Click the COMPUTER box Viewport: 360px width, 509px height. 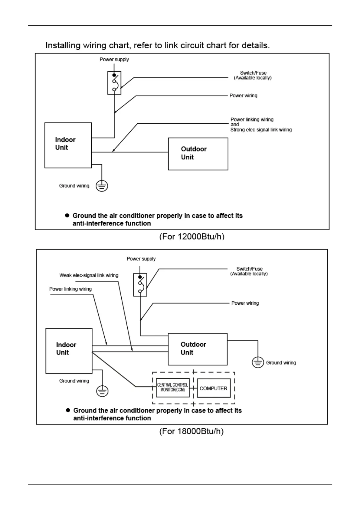pyautogui.click(x=214, y=388)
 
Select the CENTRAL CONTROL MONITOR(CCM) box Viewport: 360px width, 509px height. pyautogui.click(x=172, y=387)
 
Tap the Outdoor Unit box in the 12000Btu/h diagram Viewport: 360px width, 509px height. pyautogui.click(x=198, y=154)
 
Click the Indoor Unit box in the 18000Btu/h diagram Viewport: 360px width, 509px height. pyautogui.click(x=69, y=351)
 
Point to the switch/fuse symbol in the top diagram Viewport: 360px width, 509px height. pyautogui.click(x=114, y=83)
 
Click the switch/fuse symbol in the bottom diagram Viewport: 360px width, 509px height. pyautogui.click(x=140, y=284)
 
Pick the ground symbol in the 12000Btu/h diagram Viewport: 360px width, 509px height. pyautogui.click(x=102, y=186)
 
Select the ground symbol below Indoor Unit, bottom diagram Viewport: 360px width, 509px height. pyautogui.click(x=102, y=391)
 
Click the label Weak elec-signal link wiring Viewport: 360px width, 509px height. pyautogui.click(x=89, y=275)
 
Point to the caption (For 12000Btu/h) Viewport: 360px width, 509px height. pyautogui.click(x=192, y=237)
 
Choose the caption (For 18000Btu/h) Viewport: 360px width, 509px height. pyautogui.click(x=191, y=431)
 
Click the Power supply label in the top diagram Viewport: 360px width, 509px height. pyautogui.click(x=114, y=60)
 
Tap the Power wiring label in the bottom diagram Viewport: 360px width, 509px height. pyautogui.click(x=245, y=303)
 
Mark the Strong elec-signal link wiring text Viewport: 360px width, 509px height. pyautogui.click(x=261, y=130)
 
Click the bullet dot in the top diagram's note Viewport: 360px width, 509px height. pyautogui.click(x=67, y=216)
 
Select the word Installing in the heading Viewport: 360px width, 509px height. pyautogui.click(x=63, y=46)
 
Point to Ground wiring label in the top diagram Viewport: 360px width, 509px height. pyautogui.click(x=74, y=186)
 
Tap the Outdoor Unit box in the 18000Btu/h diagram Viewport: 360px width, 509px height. pyautogui.click(x=198, y=349)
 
